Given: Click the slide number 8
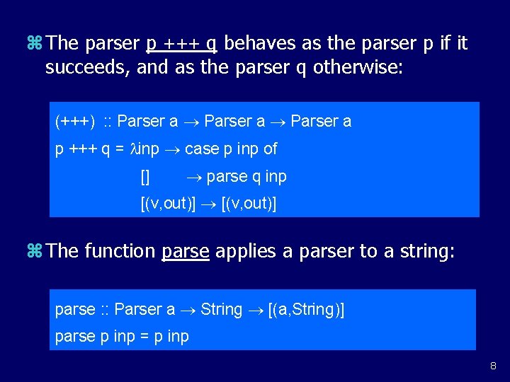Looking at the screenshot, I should (494, 366).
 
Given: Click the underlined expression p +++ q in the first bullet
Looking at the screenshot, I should (181, 44).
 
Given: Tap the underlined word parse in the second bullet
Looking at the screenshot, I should (186, 252).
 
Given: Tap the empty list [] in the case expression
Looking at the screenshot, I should (145, 176).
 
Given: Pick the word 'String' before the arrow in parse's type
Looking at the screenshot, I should (222, 309).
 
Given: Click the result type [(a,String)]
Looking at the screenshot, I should (307, 309).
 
